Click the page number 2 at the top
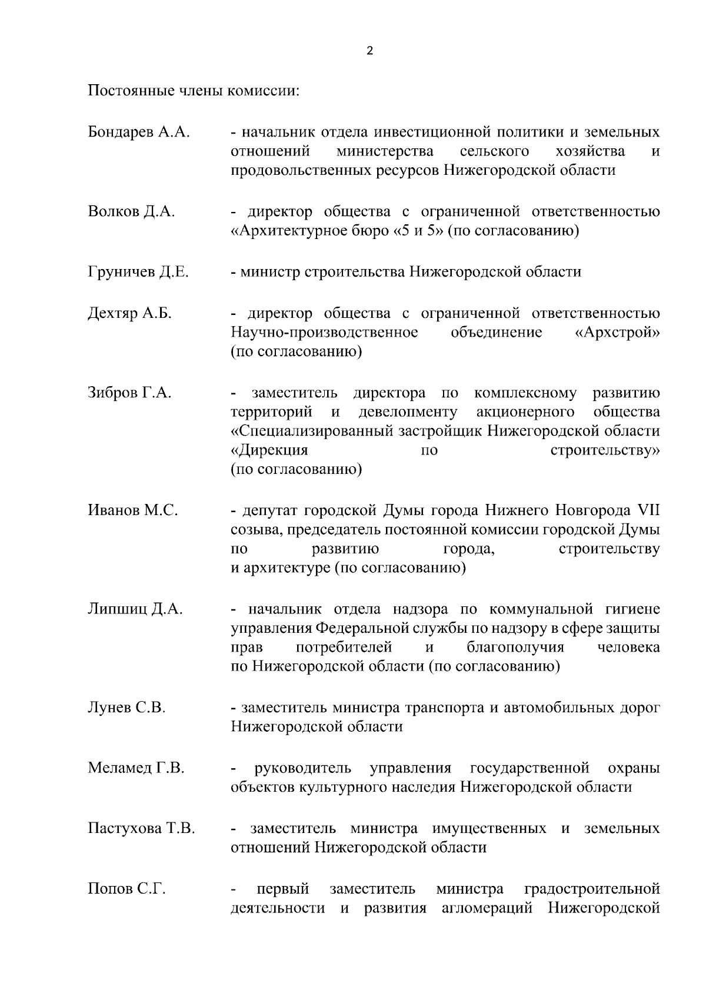pyautogui.click(x=369, y=51)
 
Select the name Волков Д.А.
pyautogui.click(x=131, y=211)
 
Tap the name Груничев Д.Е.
pyautogui.click(x=138, y=272)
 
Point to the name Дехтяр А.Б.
pyautogui.click(x=129, y=313)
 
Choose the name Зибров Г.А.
pyautogui.click(x=129, y=393)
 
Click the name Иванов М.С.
pyautogui.click(x=133, y=510)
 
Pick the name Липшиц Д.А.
pyautogui.click(x=135, y=609)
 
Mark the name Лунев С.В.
pyautogui.click(x=126, y=708)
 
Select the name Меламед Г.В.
pyautogui.click(x=136, y=768)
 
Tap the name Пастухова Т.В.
pyautogui.click(x=141, y=829)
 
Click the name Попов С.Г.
pyautogui.click(x=126, y=889)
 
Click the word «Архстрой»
pyautogui.click(x=617, y=333)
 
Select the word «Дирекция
pyautogui.click(x=269, y=451)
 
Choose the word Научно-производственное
pyautogui.click(x=324, y=333)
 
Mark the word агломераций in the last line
pyautogui.click(x=487, y=908)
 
